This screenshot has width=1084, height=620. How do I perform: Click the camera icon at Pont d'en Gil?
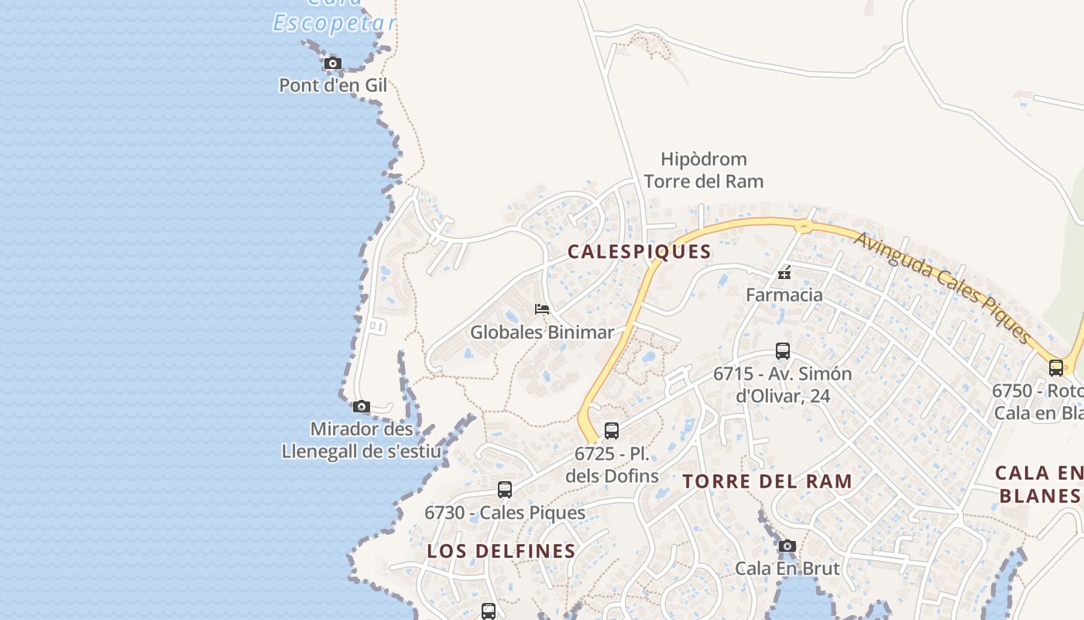(x=333, y=64)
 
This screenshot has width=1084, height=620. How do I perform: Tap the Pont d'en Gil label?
(x=333, y=85)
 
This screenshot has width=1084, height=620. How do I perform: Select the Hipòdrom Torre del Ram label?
(x=703, y=170)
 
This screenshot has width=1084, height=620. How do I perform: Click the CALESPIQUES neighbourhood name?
(x=639, y=252)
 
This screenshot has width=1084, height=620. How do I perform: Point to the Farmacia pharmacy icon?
(x=784, y=273)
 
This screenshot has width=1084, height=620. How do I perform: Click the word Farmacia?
(x=784, y=295)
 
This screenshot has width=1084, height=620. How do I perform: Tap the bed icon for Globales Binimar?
(x=542, y=309)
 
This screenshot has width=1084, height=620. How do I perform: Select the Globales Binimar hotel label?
(x=542, y=332)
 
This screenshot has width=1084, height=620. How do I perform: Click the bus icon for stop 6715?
(x=783, y=351)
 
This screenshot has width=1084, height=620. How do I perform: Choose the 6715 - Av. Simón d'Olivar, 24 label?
(x=782, y=384)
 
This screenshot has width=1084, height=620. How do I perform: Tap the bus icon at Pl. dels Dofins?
(x=612, y=431)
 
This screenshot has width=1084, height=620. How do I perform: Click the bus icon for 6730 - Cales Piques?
(x=505, y=490)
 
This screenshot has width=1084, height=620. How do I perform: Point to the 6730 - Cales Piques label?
(x=505, y=513)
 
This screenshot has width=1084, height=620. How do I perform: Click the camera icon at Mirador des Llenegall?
(x=362, y=407)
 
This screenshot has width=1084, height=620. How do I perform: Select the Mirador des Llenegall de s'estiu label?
(x=362, y=440)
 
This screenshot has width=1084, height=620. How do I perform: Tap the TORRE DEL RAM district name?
(x=767, y=481)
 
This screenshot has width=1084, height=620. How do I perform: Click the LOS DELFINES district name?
(x=501, y=551)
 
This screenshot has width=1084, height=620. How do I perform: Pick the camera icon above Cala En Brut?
(x=787, y=546)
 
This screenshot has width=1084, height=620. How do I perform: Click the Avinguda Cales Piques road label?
(x=943, y=287)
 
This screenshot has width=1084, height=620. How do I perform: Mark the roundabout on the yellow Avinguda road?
(x=804, y=226)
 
